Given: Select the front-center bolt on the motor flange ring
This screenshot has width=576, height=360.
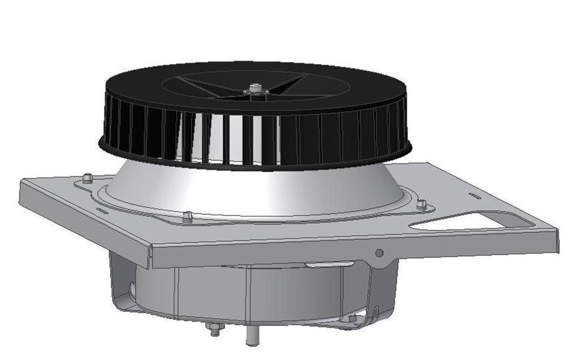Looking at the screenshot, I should click(x=187, y=216).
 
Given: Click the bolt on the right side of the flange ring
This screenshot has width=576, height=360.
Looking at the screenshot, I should click(x=421, y=204).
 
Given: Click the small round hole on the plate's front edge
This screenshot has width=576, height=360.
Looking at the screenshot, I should click(x=379, y=253).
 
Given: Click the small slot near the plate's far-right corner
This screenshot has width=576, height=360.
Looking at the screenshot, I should click(x=475, y=196).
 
